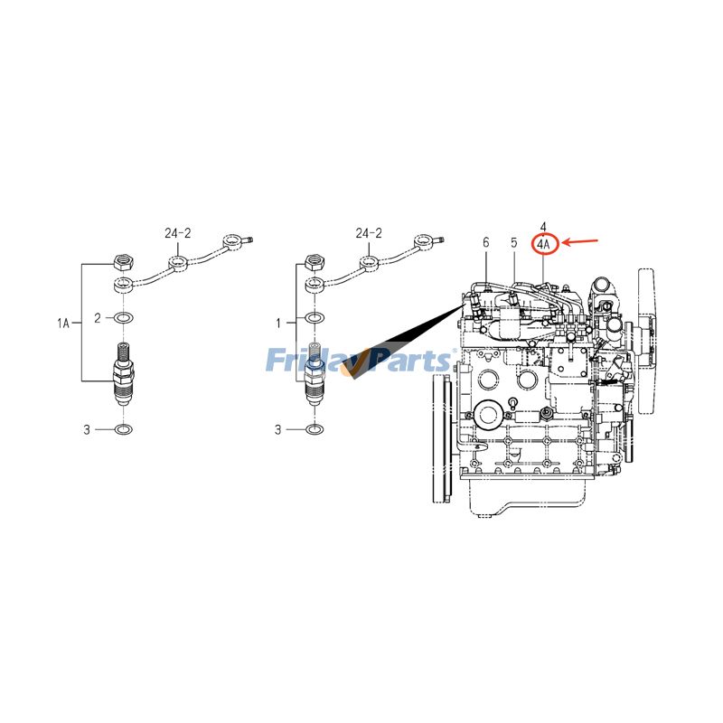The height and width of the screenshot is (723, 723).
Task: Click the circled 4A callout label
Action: (x=543, y=242)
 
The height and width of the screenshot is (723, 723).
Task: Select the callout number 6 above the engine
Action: (x=485, y=242)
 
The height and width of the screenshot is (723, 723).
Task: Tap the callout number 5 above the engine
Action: (x=513, y=242)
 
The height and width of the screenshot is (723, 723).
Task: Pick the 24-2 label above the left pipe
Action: (x=178, y=233)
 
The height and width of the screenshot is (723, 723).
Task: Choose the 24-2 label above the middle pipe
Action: (x=369, y=233)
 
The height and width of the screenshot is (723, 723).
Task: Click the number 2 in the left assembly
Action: (x=99, y=318)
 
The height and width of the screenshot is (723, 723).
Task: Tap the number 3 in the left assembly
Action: (x=87, y=429)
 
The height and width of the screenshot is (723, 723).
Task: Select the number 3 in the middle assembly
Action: (x=277, y=429)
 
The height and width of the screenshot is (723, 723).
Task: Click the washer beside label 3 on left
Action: (x=124, y=429)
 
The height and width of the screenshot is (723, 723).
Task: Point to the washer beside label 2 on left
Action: (x=124, y=318)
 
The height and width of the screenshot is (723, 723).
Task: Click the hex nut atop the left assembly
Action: (x=124, y=263)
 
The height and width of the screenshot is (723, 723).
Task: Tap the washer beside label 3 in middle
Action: (x=314, y=429)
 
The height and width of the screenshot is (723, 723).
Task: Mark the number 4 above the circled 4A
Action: (x=543, y=226)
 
